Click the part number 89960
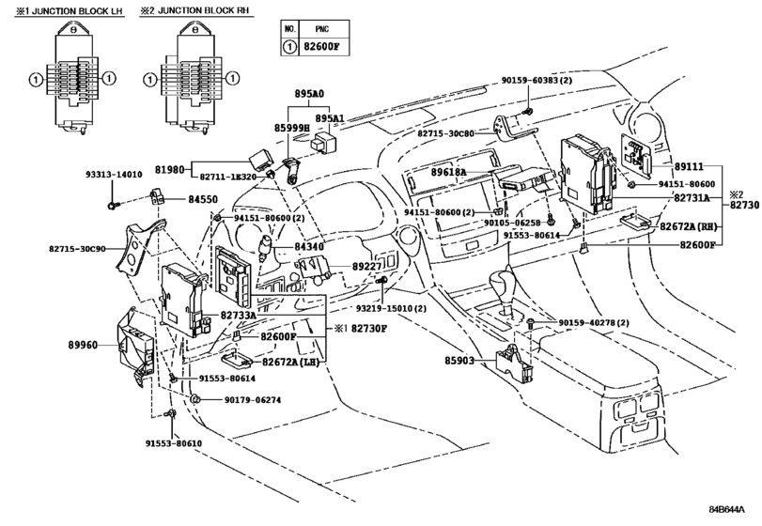point(84,345)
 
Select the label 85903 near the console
point(461,360)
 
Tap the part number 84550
point(202,200)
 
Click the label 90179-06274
point(253,400)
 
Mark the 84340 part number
point(307,246)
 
